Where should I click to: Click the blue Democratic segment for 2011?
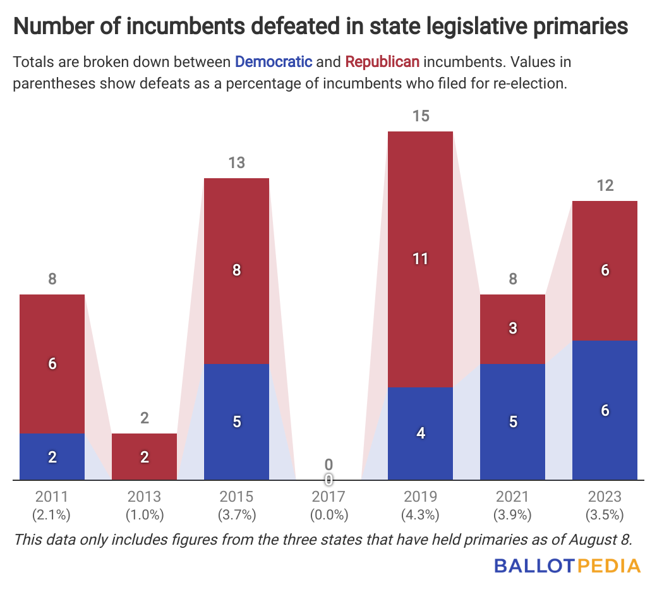[x=52, y=456]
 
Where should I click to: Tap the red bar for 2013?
[x=145, y=456]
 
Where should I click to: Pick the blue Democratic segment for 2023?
[x=605, y=410]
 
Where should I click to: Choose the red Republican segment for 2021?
[x=513, y=329]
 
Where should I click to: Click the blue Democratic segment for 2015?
[x=237, y=421]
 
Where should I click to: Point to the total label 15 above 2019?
[x=421, y=116]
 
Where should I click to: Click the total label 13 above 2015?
[x=237, y=163]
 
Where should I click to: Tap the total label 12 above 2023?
[x=605, y=186]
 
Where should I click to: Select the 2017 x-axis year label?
[x=328, y=497]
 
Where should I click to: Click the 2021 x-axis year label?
[x=513, y=497]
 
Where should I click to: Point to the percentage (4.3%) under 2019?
[x=421, y=514]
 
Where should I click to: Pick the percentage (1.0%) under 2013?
[x=145, y=514]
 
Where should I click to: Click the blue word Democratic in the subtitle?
[x=274, y=62]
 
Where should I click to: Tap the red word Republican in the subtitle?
[x=382, y=62]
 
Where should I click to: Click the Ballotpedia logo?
[x=567, y=565]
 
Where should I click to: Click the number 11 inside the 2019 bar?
[x=421, y=258]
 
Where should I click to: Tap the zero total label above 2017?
[x=328, y=465]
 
